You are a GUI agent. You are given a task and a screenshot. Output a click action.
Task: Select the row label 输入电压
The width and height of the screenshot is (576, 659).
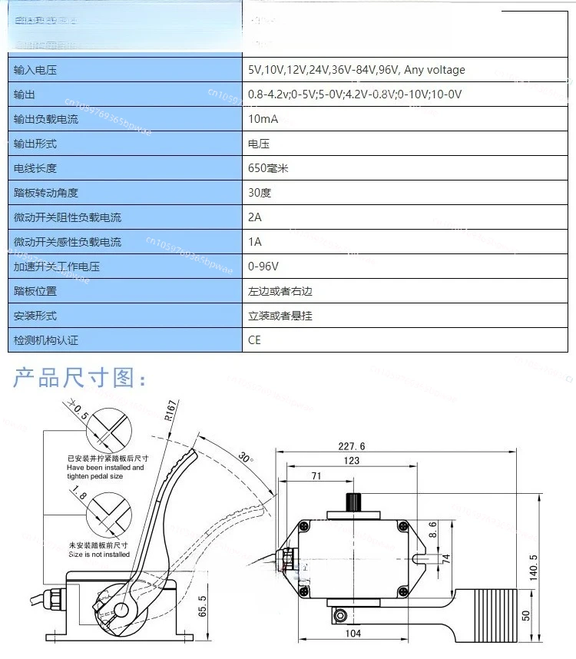point(35,70)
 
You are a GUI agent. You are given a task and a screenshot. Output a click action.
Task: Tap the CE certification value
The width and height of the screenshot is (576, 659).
point(254,339)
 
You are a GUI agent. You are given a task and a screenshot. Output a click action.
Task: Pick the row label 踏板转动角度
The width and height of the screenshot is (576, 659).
point(46,193)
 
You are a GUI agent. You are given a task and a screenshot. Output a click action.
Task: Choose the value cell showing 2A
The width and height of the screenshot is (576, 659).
point(254,217)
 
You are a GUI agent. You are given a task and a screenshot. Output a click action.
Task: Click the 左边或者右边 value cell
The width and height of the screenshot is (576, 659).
point(280,291)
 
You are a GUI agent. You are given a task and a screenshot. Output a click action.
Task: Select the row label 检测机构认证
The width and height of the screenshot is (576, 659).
point(46,339)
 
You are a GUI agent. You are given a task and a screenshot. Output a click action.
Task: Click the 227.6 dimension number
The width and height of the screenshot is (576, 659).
point(351,446)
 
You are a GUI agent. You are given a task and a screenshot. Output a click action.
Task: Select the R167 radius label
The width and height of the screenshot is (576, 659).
point(171,416)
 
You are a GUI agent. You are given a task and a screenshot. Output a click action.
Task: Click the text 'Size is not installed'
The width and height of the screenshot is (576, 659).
point(98,554)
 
